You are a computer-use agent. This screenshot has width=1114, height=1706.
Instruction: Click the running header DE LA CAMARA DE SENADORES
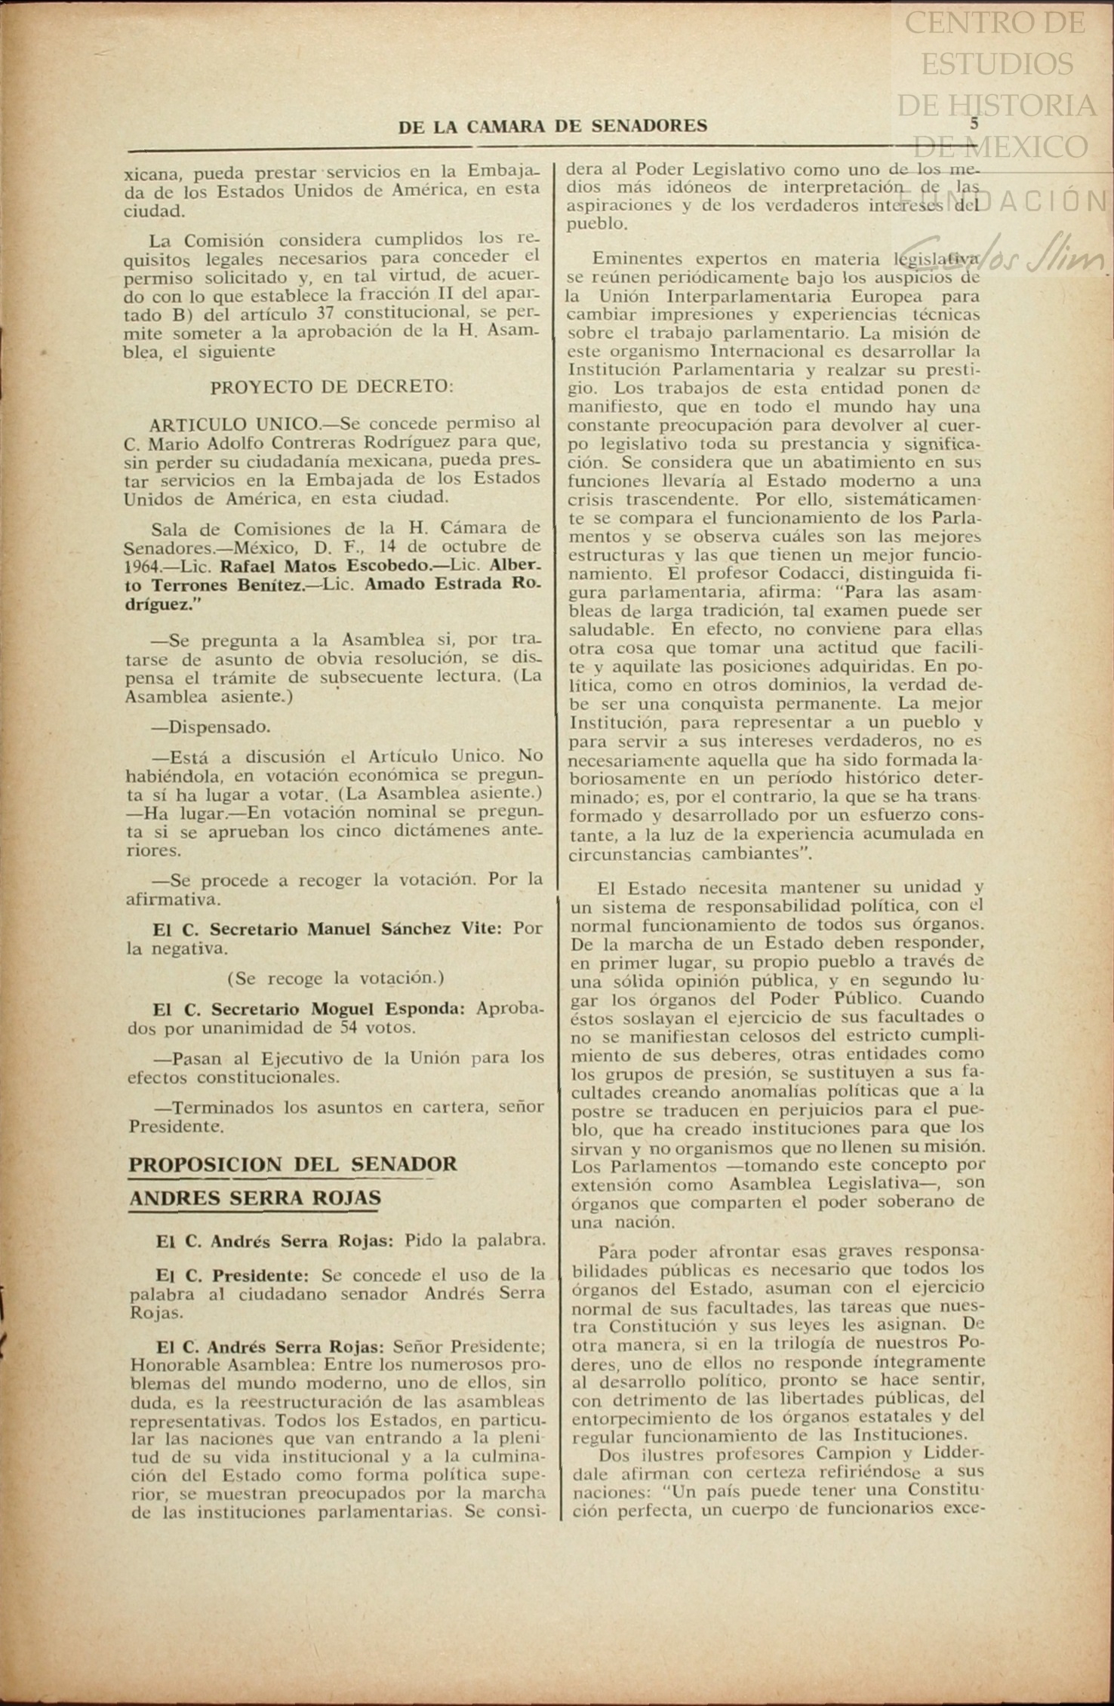[552, 127]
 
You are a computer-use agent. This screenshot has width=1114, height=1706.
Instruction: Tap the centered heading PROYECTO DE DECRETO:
[332, 387]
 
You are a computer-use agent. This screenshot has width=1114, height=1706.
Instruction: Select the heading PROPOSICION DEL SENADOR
[293, 1164]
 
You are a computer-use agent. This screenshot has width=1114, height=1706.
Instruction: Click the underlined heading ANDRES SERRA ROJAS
[254, 1198]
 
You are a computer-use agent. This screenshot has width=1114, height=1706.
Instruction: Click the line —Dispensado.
[211, 727]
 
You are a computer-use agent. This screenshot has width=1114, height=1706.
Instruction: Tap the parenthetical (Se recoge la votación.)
[335, 979]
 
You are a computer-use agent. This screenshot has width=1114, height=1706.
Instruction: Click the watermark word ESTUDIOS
[996, 63]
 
